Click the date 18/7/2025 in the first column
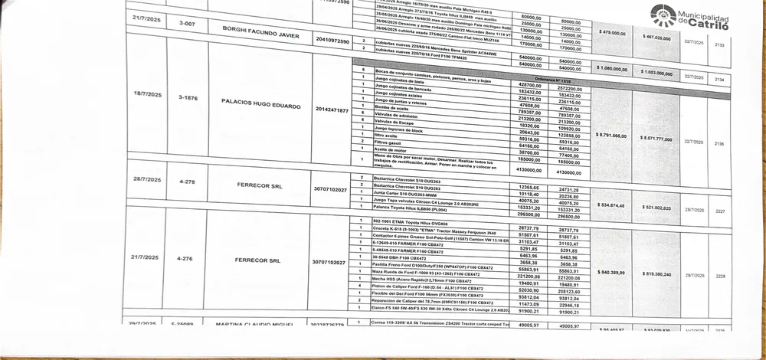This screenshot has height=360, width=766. tap(146, 94)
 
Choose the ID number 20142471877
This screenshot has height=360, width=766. tap(331, 110)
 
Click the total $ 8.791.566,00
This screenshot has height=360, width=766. tap(611, 135)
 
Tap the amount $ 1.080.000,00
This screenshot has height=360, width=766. tap(611, 68)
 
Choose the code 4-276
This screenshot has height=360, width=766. tap(185, 258)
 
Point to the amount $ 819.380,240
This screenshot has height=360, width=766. tap(653, 273)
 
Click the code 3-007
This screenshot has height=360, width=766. tap(186, 25)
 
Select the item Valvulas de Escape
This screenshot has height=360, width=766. tap(395, 122)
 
